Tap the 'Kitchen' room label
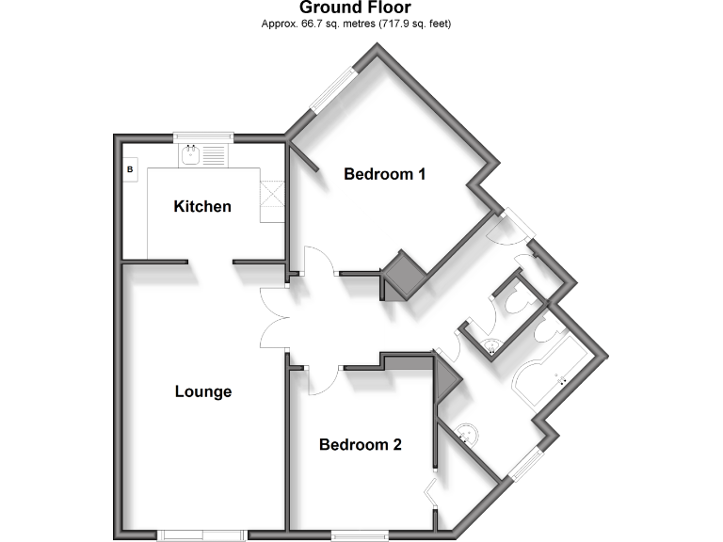(202, 206)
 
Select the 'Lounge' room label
(203, 391)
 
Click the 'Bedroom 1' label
(385, 174)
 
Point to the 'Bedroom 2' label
(361, 444)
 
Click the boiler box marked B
(131, 169)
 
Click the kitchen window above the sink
(202, 136)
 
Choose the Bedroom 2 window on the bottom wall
(360, 535)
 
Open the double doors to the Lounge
(273, 320)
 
